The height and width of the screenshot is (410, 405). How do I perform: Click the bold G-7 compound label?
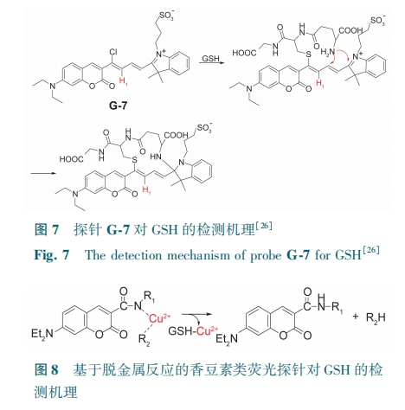pyautogui.click(x=118, y=106)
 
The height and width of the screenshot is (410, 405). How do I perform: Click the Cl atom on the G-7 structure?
pyautogui.click(x=113, y=52)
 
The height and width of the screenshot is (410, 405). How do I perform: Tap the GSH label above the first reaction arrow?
pyautogui.click(x=210, y=58)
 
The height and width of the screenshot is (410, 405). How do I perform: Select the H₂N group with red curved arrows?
pyautogui.click(x=328, y=52)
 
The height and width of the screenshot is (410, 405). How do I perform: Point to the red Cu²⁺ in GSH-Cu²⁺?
pyautogui.click(x=207, y=330)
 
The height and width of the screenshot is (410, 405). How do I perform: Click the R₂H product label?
pyautogui.click(x=376, y=317)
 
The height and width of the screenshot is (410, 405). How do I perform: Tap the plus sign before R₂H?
pyautogui.click(x=355, y=317)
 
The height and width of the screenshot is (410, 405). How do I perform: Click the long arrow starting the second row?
pyautogui.click(x=42, y=173)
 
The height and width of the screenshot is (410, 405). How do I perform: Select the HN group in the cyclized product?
pyautogui.click(x=156, y=157)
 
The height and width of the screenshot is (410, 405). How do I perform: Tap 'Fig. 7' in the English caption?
pyautogui.click(x=52, y=255)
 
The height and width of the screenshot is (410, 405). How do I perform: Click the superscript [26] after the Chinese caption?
pyautogui.click(x=263, y=226)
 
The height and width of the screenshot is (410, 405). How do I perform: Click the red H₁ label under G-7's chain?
pyautogui.click(x=123, y=80)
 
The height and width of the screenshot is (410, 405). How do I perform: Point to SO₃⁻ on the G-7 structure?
pyautogui.click(x=166, y=15)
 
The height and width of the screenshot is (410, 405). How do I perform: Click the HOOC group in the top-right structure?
pyautogui.click(x=244, y=53)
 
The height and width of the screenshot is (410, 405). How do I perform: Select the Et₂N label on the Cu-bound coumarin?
pyautogui.click(x=42, y=334)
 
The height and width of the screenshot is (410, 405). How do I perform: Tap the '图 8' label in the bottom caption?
pyautogui.click(x=47, y=369)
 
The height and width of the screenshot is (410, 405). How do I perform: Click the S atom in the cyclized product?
pyautogui.click(x=134, y=159)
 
